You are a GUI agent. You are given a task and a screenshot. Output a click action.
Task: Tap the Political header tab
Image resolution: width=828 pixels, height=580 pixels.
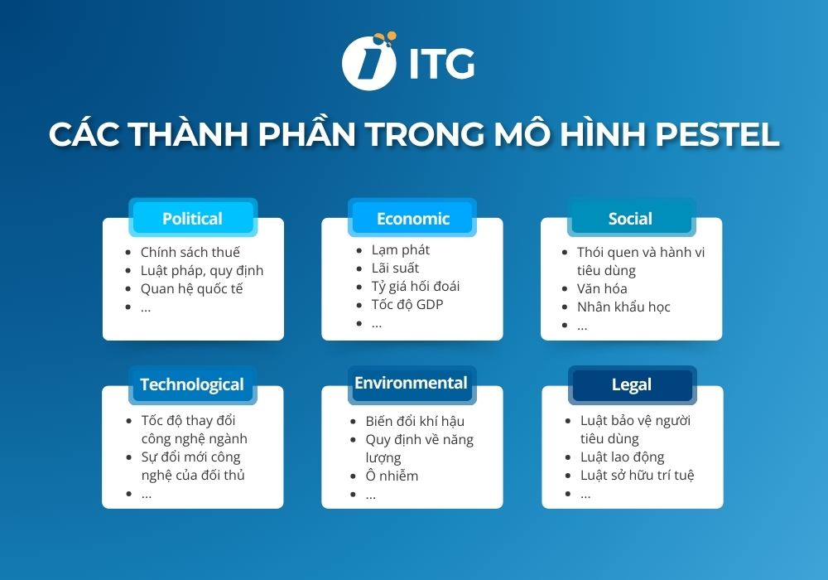coord(192,219)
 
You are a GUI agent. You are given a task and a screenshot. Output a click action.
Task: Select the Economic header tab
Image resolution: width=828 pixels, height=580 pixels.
coord(412,219)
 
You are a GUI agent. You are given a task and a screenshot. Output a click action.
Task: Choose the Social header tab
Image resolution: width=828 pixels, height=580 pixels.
coord(630,219)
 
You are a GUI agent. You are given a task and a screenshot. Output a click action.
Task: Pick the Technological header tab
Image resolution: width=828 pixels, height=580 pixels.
coord(192,384)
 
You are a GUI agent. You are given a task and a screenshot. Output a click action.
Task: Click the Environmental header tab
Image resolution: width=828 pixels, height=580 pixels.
coord(411,383)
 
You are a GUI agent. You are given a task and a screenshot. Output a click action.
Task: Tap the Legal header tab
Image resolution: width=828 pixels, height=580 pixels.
coord(632,384)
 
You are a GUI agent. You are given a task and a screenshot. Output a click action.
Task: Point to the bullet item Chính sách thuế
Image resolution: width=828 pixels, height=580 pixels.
coord(190,252)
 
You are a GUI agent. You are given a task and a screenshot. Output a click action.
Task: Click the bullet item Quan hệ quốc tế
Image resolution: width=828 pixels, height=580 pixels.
coord(191,288)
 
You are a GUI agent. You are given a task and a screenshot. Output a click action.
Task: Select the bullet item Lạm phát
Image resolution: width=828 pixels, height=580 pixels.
coord(400,249)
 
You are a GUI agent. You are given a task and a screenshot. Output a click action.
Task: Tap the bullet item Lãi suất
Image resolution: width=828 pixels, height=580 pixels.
coord(395,268)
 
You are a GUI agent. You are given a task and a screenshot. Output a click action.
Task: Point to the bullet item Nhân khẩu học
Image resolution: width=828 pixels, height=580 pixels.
coord(623,307)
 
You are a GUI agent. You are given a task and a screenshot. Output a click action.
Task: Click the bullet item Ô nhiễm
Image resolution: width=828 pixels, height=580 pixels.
coord(392,476)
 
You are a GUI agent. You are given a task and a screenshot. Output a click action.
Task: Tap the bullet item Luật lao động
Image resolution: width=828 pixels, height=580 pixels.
coord(622,457)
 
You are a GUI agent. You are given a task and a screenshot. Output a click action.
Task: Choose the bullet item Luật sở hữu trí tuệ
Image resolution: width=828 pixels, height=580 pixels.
coord(637,475)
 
